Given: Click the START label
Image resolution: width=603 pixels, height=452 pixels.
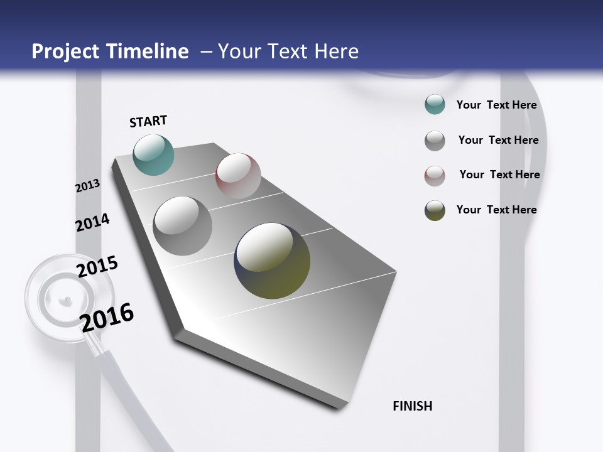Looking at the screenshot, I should pos(148,121).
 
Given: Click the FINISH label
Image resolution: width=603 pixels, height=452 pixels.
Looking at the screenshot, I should pos(412,406).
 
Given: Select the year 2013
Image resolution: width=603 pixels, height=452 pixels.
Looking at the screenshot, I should pos(87,186).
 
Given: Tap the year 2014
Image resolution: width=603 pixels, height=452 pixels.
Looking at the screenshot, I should pos(92,222).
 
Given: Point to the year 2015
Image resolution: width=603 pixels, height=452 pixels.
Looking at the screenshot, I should pos(97,266).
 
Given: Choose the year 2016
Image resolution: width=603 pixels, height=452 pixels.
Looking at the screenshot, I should pos(107,317).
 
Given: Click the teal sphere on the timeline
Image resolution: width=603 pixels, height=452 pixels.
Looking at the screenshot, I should pos(153,154).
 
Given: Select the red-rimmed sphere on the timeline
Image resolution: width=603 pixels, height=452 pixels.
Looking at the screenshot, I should pos(238,176).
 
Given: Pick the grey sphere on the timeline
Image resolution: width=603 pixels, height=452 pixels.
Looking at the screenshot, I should pos(182,226).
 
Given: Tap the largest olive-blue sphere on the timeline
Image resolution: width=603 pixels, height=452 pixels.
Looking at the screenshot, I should pos(272,261).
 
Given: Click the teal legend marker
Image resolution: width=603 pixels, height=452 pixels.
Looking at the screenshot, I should pos(435,105).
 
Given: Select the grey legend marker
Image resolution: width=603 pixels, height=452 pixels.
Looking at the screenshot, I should pos(435,141).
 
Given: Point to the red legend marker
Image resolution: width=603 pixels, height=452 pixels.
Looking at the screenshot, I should pos(435,176).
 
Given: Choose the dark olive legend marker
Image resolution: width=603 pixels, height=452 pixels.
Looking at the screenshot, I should pos(435,210).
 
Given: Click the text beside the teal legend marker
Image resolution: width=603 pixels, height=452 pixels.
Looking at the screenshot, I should pos(496,105).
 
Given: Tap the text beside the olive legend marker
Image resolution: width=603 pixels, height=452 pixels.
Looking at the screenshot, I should pos(496,210).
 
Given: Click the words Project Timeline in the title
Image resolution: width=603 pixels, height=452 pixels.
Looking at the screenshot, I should pos(110,51).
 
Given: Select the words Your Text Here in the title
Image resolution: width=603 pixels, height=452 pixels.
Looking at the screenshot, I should pos(288,51).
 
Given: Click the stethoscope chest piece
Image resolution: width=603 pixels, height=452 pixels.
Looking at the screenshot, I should pos(69,298).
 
